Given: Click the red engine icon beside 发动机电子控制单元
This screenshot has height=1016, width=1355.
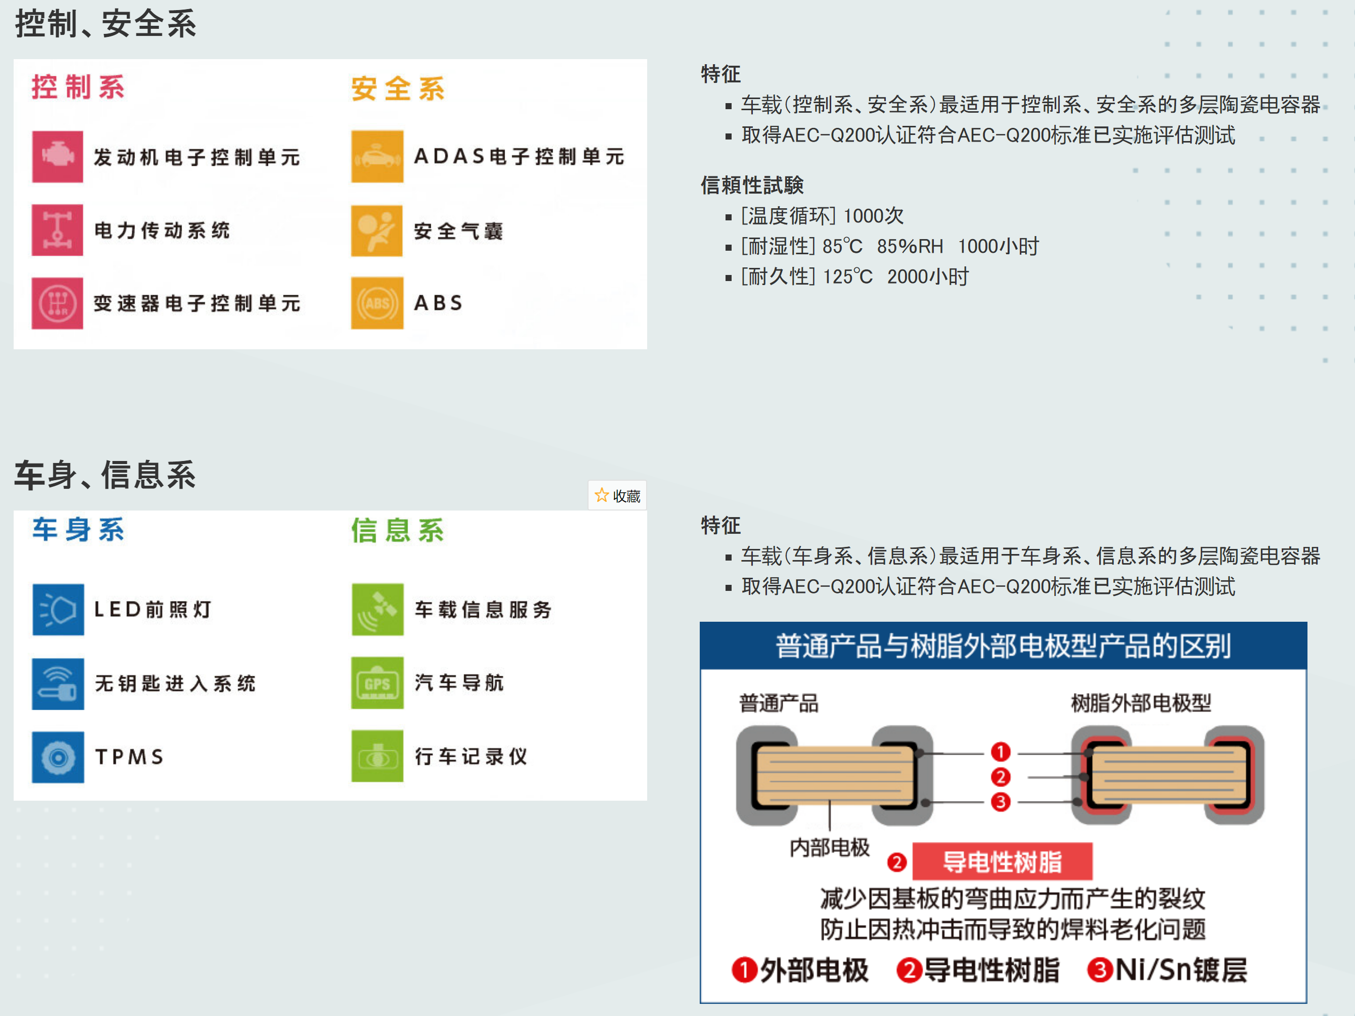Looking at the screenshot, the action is tap(58, 156).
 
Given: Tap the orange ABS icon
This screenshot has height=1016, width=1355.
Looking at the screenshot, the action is tap(377, 303).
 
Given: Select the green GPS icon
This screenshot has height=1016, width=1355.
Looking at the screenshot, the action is tap(377, 683).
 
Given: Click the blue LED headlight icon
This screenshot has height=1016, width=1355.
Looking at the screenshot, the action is tap(58, 610).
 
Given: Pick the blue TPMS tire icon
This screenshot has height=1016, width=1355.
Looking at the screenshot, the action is tap(58, 757).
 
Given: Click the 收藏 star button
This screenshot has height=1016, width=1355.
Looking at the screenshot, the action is tap(617, 495).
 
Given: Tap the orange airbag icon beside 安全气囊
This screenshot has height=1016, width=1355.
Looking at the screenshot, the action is tap(377, 231).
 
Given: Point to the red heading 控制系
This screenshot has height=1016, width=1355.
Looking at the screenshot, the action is tap(78, 87).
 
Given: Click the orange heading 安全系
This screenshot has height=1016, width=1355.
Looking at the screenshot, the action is tap(397, 89).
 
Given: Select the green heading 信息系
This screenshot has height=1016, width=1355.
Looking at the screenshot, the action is tap(397, 530).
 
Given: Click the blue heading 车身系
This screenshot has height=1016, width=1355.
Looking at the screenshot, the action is tap(78, 530).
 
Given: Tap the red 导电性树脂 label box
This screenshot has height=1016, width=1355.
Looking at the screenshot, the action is tap(1002, 861).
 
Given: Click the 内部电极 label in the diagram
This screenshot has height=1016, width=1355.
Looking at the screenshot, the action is tap(829, 848).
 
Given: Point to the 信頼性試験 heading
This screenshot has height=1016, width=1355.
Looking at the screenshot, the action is tap(752, 185).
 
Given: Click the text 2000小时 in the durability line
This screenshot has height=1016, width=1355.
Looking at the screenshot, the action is tap(928, 277).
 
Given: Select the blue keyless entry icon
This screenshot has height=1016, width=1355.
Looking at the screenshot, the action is tap(58, 683).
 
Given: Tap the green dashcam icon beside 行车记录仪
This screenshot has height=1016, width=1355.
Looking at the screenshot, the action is tap(377, 756).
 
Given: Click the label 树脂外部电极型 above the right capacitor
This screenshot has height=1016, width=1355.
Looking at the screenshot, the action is tap(1141, 703).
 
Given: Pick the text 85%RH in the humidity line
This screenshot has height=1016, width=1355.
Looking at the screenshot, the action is tap(910, 246).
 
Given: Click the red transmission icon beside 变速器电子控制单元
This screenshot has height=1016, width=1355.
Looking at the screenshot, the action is tap(58, 303).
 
